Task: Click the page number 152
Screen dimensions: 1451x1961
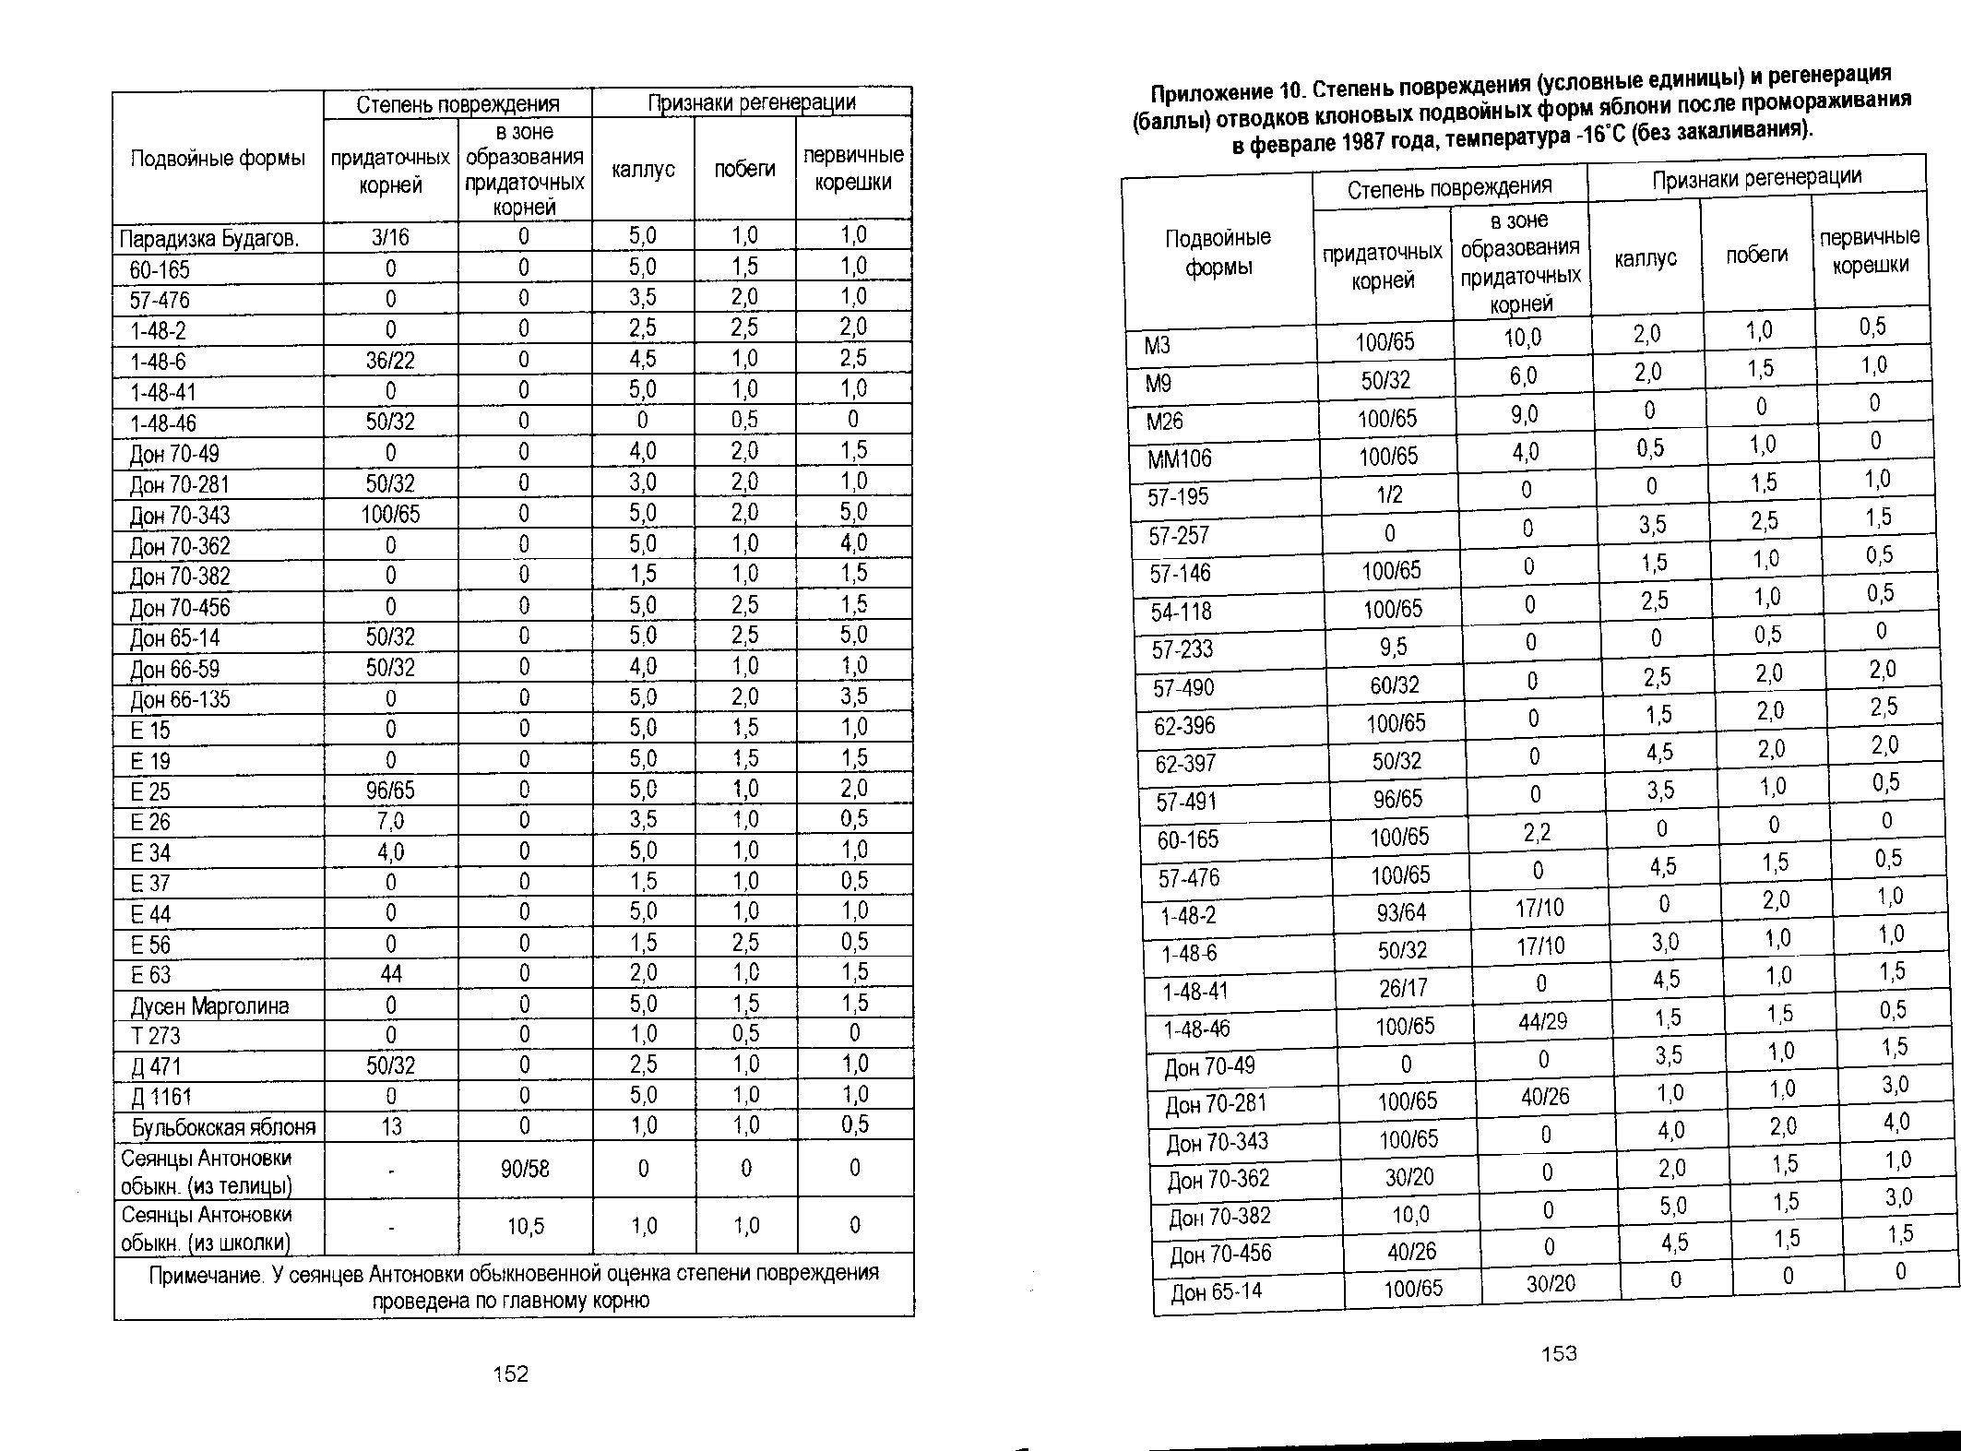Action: tap(511, 1374)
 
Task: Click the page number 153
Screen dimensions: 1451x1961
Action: tap(1559, 1353)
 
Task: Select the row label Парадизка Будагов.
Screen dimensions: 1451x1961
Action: tap(209, 239)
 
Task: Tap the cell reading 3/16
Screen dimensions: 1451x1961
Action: tap(390, 237)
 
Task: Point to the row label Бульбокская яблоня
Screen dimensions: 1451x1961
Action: tap(223, 1127)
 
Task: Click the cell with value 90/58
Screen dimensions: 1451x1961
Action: tap(524, 1170)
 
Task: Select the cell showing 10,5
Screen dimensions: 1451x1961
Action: tap(525, 1226)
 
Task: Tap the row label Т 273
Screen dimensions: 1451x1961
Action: tap(155, 1036)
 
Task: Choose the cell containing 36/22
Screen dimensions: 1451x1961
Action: tap(390, 360)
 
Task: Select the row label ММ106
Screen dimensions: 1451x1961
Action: tap(1180, 458)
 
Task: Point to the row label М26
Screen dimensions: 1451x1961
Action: tap(1164, 421)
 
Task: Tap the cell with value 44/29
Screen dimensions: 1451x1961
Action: tap(1541, 1021)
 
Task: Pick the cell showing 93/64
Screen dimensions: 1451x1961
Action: tap(1401, 912)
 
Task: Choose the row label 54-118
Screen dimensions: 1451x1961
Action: tap(1182, 612)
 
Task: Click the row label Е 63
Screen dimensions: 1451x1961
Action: tap(150, 975)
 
